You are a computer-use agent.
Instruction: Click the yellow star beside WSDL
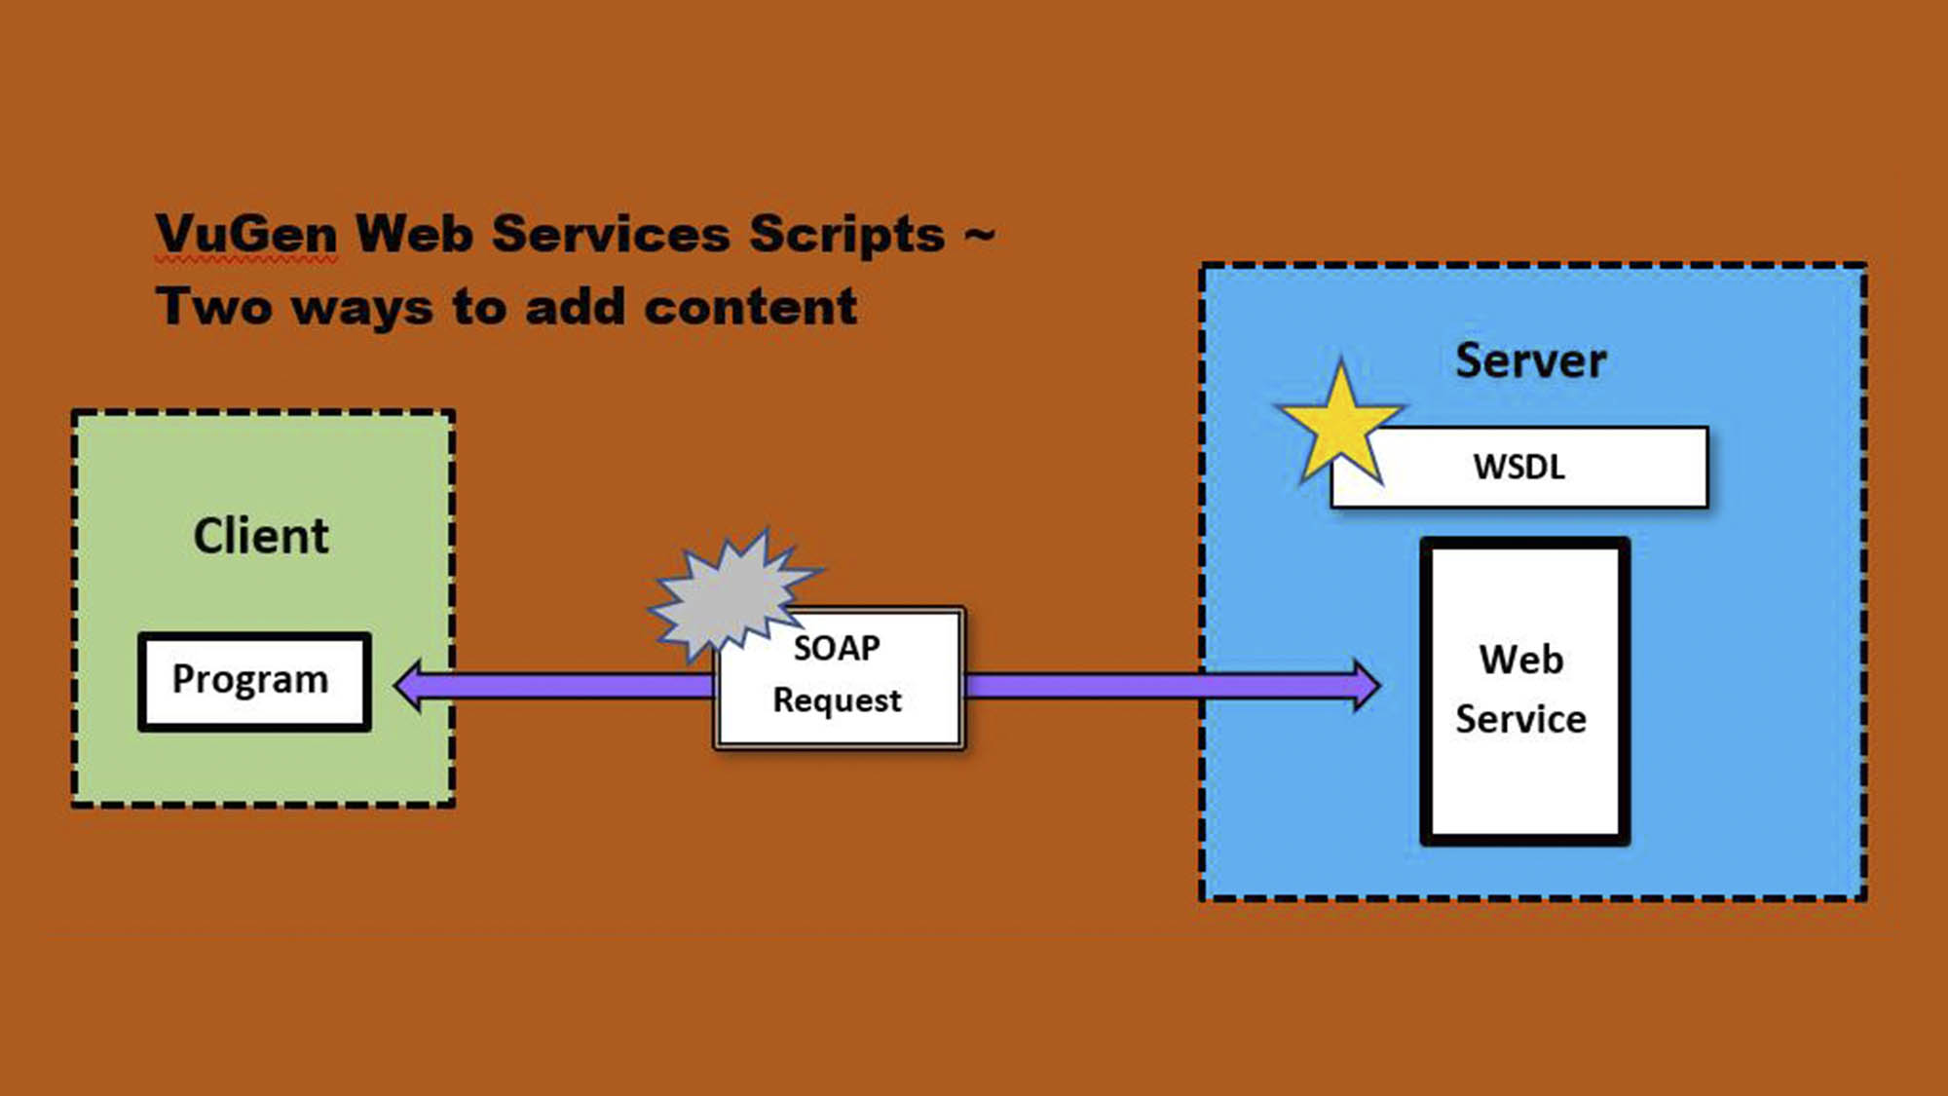1340,429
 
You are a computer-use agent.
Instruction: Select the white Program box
254,681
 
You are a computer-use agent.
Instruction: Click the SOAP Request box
839,679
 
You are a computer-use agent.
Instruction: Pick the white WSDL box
1519,467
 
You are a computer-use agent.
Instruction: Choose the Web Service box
1524,691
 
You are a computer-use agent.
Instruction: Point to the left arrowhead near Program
409,686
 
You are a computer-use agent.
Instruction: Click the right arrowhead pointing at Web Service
1366,686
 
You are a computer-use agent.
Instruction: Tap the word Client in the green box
261,536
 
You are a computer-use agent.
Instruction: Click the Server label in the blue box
1530,360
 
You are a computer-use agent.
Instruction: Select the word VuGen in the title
246,234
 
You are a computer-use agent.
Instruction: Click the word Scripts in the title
846,236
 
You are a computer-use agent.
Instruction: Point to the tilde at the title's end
980,234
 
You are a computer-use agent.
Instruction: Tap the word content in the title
751,307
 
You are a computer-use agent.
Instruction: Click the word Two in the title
214,307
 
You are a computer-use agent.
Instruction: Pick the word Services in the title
611,234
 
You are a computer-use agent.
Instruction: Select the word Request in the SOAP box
838,700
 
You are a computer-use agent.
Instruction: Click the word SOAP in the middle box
838,648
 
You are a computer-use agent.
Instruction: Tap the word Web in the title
414,234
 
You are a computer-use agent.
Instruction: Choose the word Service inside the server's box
1520,719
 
